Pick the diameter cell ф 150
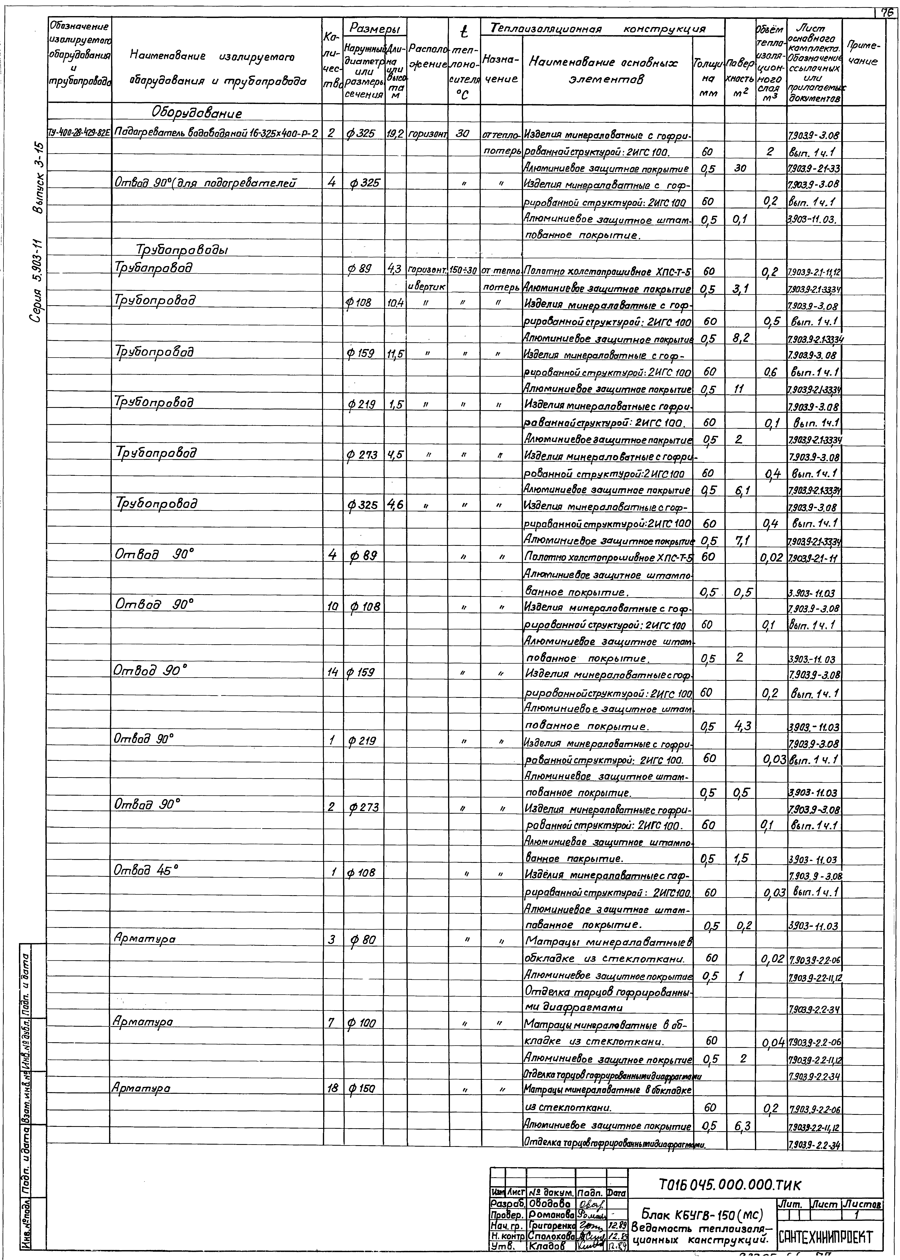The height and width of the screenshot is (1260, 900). click(x=363, y=1088)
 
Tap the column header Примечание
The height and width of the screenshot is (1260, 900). click(x=862, y=54)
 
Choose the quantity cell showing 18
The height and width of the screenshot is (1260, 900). click(x=333, y=1088)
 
